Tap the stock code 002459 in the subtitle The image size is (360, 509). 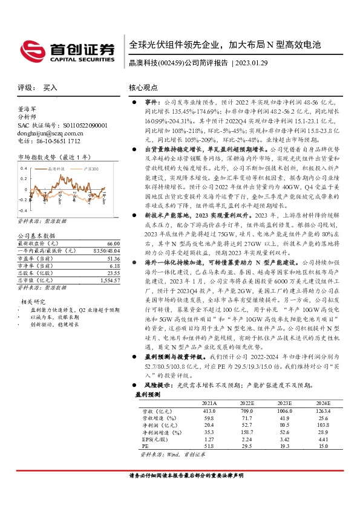(171, 62)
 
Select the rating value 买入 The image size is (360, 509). (50, 88)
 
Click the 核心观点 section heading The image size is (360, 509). (144, 88)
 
